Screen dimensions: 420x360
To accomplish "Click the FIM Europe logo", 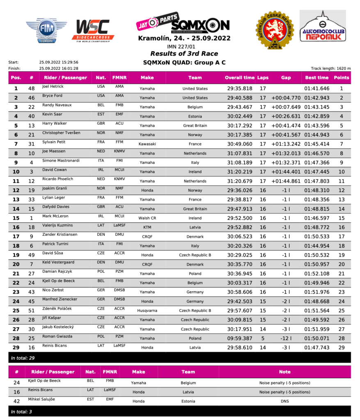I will pos(46,30).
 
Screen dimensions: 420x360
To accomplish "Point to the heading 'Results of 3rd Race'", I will pos(184,54).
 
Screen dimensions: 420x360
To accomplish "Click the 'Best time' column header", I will pos(317,78).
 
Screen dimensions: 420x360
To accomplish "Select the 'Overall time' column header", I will pos(240,78).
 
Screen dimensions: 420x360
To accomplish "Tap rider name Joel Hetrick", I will pos(53,87).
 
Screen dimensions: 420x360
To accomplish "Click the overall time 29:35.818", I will pos(240,89).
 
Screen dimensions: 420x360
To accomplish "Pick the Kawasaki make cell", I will pos(147,144).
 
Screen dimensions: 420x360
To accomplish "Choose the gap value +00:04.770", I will pos(286,98).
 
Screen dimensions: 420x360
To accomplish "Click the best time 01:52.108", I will pos(317,274).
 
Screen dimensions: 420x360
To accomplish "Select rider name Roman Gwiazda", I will pos(57,336).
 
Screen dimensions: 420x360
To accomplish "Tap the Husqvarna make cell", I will pos(147,310).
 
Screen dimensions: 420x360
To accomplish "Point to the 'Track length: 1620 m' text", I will pos(331,68).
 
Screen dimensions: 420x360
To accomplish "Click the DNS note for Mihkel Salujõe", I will pos(284,401).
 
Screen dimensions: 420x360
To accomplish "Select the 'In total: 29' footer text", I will pos(23,358).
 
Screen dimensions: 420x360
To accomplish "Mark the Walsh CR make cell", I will pos(147,218).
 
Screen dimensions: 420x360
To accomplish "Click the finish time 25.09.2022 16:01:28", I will pos(59,68).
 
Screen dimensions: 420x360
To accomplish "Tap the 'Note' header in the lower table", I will pos(284,372).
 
